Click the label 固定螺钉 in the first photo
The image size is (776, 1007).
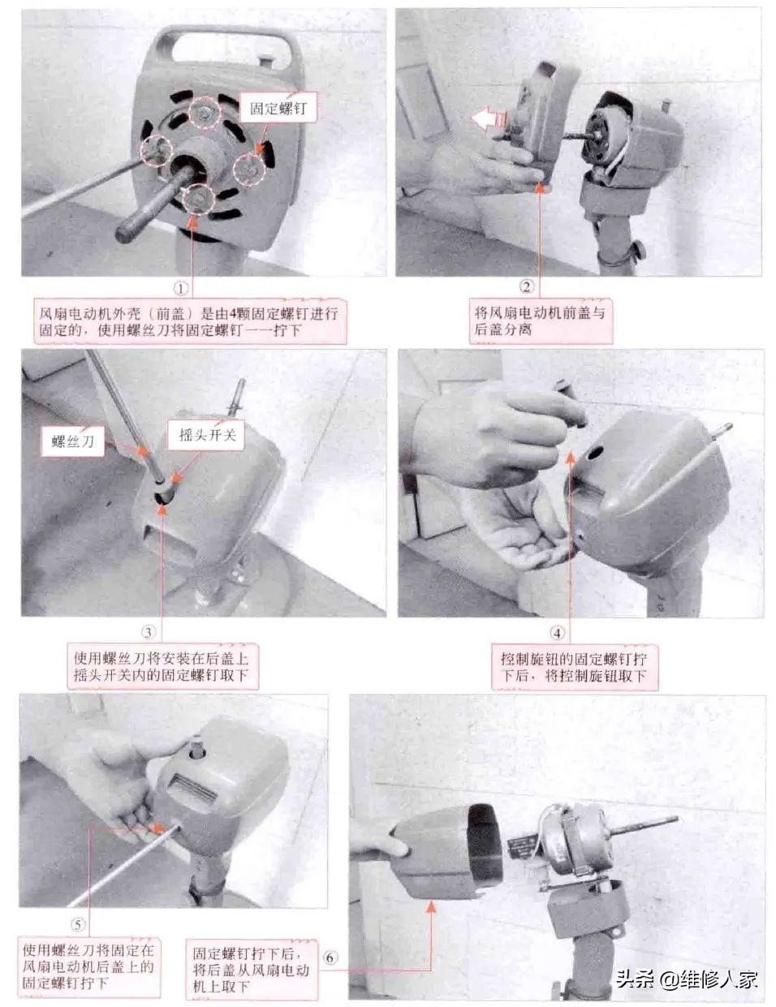[278, 109]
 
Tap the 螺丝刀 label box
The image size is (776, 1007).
[73, 441]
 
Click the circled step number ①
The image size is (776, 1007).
[181, 289]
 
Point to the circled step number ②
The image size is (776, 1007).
[526, 287]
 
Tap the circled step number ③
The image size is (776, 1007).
[149, 632]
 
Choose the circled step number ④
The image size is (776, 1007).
[557, 633]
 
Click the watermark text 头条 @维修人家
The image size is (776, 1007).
[687, 979]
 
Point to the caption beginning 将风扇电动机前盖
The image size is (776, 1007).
[541, 321]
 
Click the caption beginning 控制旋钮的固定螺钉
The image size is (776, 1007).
[575, 667]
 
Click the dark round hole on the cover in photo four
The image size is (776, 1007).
[594, 454]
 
